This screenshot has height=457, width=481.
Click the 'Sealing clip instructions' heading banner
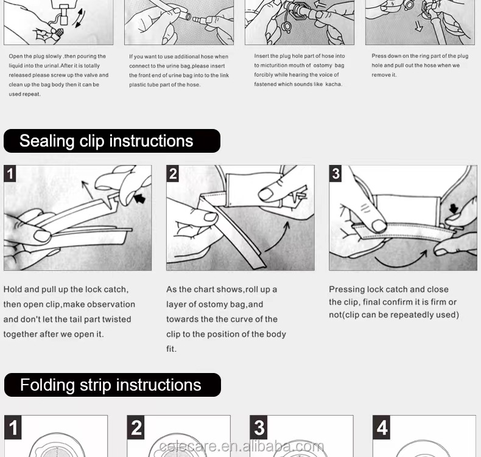click(112, 141)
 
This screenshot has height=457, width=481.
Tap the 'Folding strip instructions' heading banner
click(113, 385)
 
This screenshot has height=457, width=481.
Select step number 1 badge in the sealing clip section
click(10, 174)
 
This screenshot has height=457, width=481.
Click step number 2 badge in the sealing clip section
click(173, 174)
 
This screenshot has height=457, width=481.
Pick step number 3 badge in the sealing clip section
click(335, 174)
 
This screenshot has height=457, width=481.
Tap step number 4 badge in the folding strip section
click(382, 428)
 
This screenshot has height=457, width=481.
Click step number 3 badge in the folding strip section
click(259, 428)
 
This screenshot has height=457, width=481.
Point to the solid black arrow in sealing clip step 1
click(139, 198)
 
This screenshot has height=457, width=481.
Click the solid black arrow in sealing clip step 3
click(454, 209)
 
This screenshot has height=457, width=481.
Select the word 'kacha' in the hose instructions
click(333, 85)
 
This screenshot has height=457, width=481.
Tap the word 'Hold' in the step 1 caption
click(13, 289)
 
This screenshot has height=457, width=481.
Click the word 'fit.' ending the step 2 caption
click(171, 349)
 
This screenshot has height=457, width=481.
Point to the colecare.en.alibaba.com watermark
click(242, 446)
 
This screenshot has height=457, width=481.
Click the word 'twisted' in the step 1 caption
click(116, 319)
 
